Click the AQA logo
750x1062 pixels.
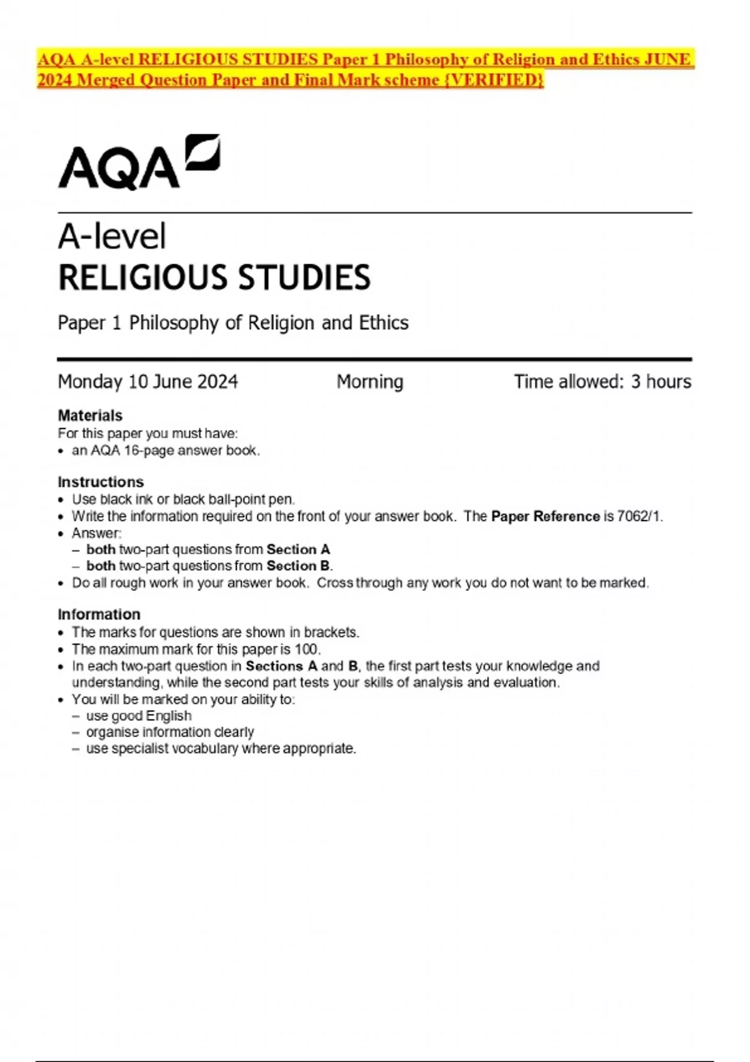tap(139, 162)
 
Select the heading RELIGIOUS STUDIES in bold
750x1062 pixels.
tap(214, 278)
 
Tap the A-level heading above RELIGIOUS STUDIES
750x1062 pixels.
tap(112, 237)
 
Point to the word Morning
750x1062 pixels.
tap(370, 381)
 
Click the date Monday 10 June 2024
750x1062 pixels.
tap(147, 381)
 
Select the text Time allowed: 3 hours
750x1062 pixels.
tap(602, 381)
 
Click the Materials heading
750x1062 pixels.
tap(90, 415)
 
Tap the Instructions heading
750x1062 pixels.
tap(101, 482)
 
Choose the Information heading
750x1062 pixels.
tap(99, 614)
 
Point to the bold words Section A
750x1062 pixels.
tap(298, 550)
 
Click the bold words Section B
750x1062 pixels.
tap(299, 566)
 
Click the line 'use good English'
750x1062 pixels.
tap(139, 716)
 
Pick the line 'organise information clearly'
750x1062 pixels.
tap(170, 732)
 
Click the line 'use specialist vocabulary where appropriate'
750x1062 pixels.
tap(221, 748)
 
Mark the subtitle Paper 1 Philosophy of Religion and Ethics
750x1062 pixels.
tap(233, 323)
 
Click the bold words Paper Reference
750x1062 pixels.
tap(546, 517)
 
